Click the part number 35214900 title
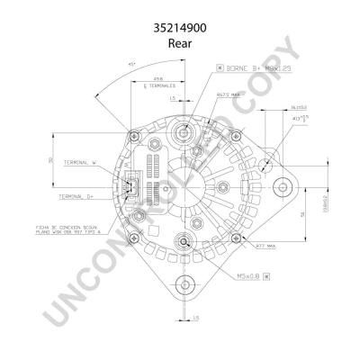(179, 28)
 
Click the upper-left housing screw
(134, 136)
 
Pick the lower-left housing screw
(134, 238)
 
